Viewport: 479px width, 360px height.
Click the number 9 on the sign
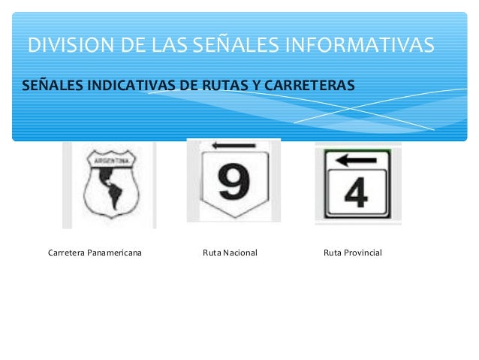click(x=233, y=182)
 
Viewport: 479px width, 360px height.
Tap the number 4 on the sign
click(x=357, y=193)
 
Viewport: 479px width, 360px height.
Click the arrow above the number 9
click(x=224, y=146)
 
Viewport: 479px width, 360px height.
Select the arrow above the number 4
click(x=356, y=159)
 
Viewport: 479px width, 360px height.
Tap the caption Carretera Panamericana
click(x=95, y=253)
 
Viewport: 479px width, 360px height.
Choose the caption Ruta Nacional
click(x=230, y=253)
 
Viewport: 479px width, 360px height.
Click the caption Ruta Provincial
click(x=352, y=253)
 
